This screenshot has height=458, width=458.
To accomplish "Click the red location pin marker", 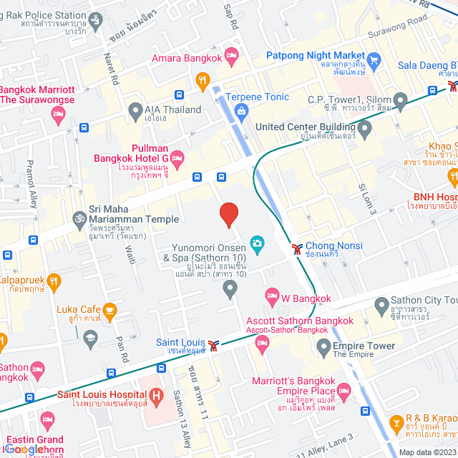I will (228, 215).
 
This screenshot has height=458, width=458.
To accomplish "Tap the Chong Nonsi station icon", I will (297, 250).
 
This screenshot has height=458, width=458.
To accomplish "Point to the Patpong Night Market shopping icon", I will (373, 58).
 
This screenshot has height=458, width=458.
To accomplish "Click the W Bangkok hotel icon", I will (272, 295).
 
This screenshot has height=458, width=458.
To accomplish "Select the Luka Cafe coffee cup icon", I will (109, 310).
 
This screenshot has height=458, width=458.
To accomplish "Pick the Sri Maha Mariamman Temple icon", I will (78, 217).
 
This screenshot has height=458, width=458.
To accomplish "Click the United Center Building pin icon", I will (365, 130).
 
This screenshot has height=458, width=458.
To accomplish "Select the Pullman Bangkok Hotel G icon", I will (178, 157).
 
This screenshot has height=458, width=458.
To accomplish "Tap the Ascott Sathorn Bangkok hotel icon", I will (261, 346).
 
